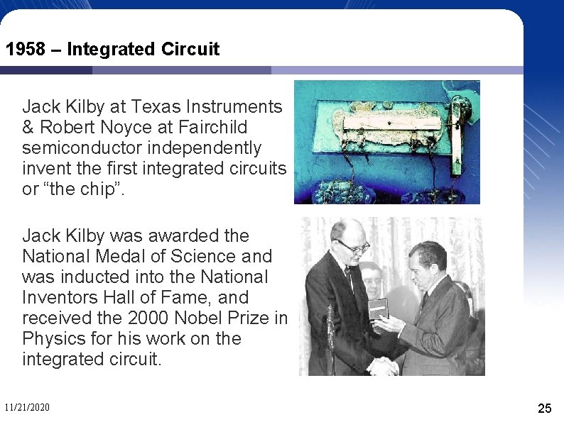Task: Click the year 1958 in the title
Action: (24, 50)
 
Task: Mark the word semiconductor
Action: (79, 148)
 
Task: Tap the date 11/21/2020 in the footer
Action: (27, 407)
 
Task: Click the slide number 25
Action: (544, 408)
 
